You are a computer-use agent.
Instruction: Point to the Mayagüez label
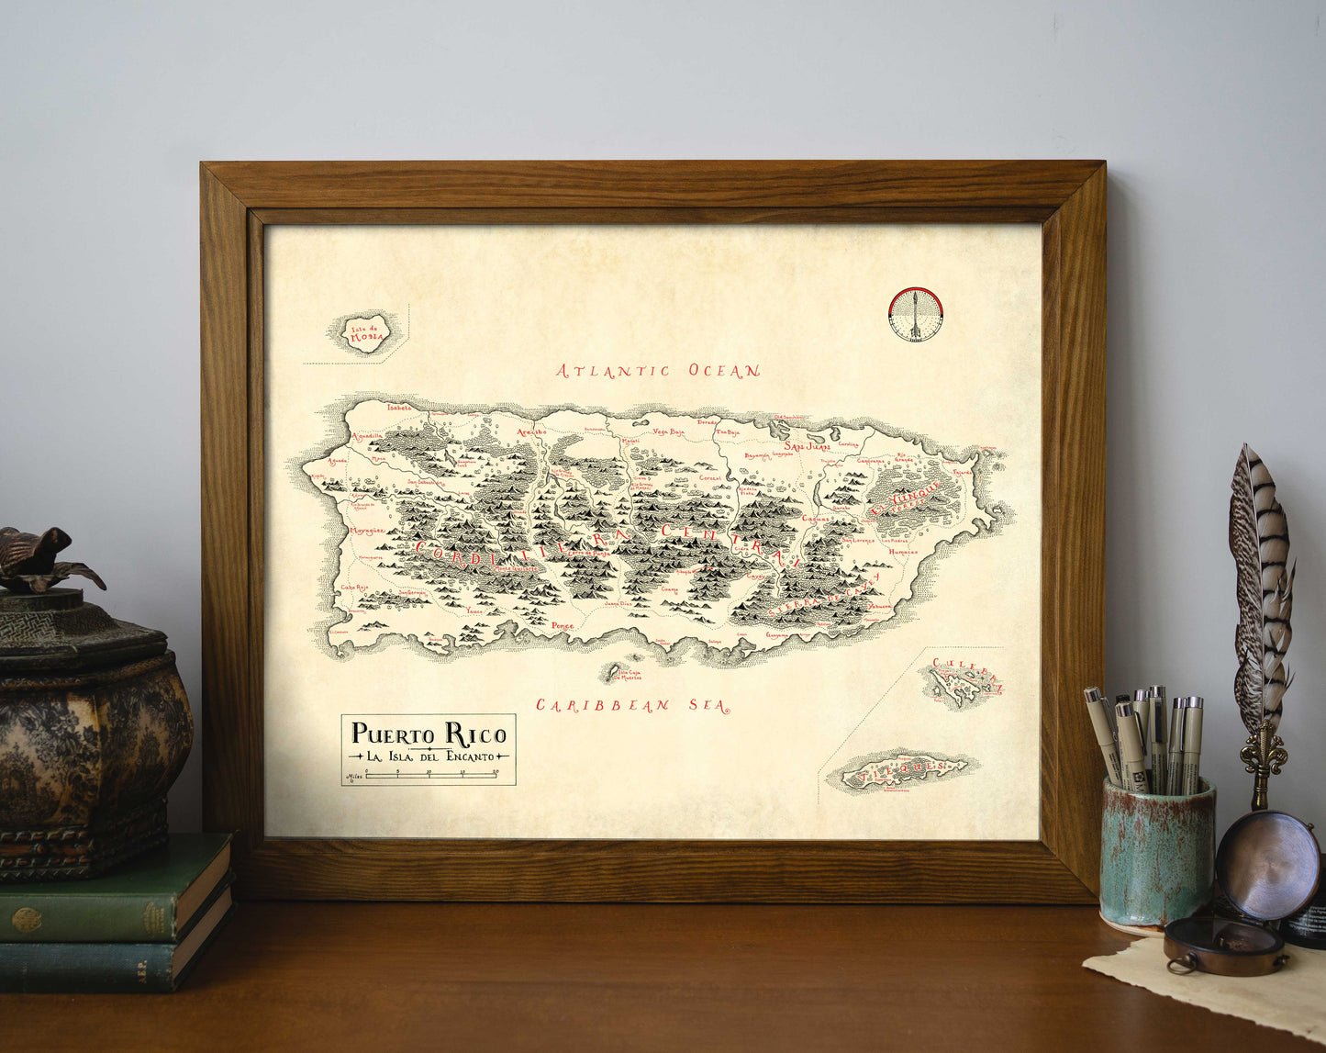[x=363, y=531]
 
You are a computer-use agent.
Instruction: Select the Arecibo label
[x=531, y=431]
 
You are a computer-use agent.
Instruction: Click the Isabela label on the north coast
[x=401, y=407]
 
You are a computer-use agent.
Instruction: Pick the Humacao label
[x=903, y=552]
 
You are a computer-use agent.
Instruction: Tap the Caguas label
[x=815, y=518]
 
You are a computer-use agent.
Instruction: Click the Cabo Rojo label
[x=354, y=588]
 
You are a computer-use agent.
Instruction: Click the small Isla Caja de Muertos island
[x=610, y=676]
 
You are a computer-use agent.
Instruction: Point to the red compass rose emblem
[x=916, y=315]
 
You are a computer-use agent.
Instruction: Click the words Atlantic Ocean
[x=658, y=371]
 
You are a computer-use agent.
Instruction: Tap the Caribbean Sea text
[x=632, y=705]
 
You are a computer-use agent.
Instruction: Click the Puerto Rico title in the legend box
[x=429, y=734]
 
